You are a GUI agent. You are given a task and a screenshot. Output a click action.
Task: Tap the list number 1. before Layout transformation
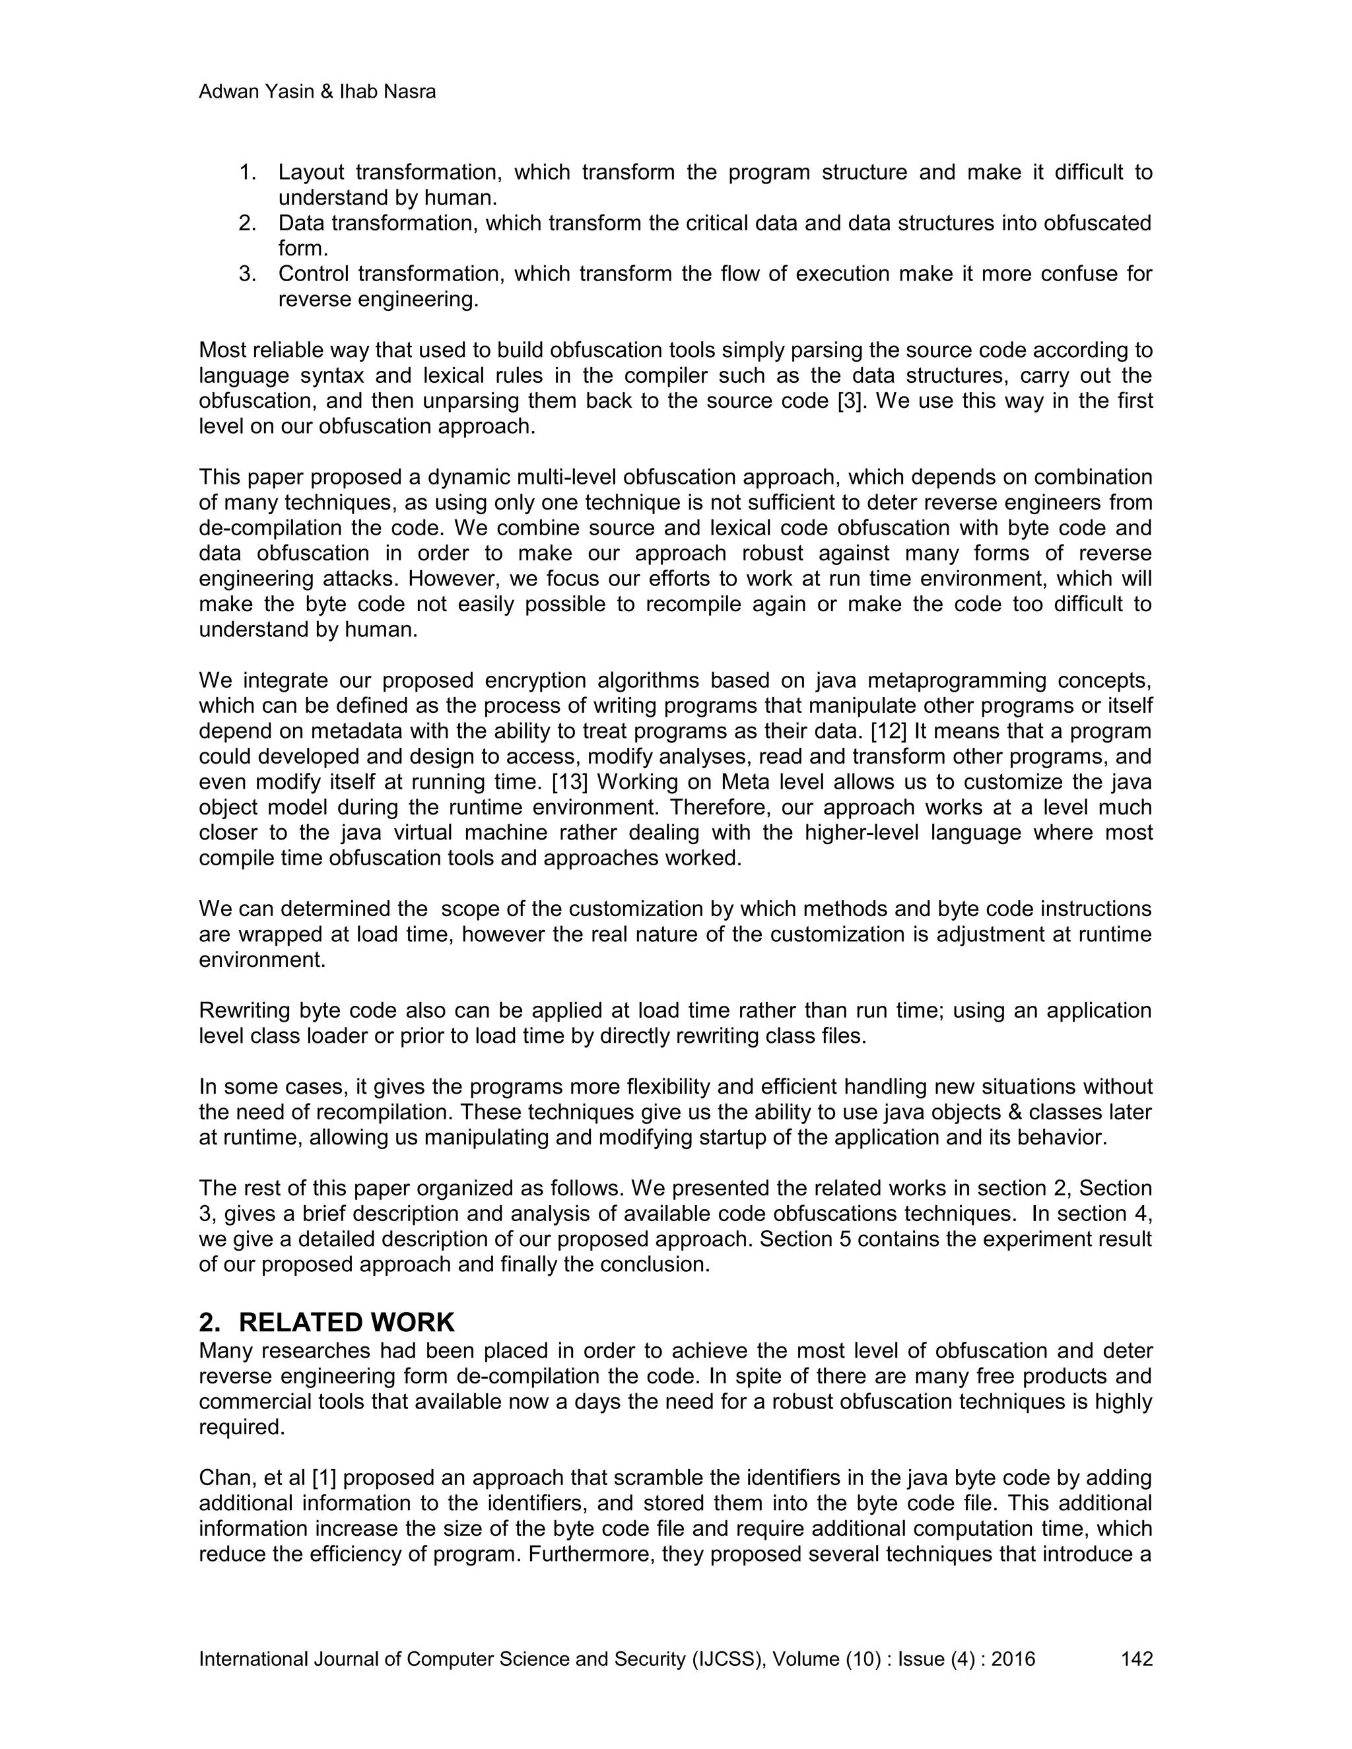coord(248,172)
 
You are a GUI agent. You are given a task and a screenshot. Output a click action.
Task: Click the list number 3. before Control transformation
coord(248,274)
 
